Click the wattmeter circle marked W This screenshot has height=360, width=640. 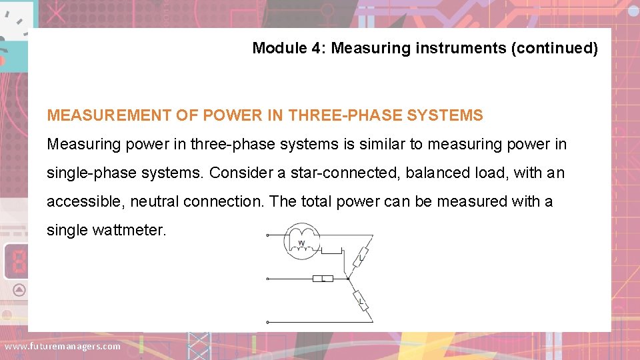tap(302, 241)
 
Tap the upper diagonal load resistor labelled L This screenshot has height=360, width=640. tap(361, 256)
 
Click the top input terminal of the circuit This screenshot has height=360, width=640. tap(267, 235)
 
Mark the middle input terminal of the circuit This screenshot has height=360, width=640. tap(267, 279)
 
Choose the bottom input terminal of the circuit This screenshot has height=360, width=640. tap(267, 322)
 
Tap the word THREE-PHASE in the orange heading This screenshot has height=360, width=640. tap(345, 115)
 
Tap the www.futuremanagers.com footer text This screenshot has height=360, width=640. tap(63, 346)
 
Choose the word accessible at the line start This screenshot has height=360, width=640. tap(85, 201)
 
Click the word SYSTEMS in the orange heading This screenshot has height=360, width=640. tap(445, 115)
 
